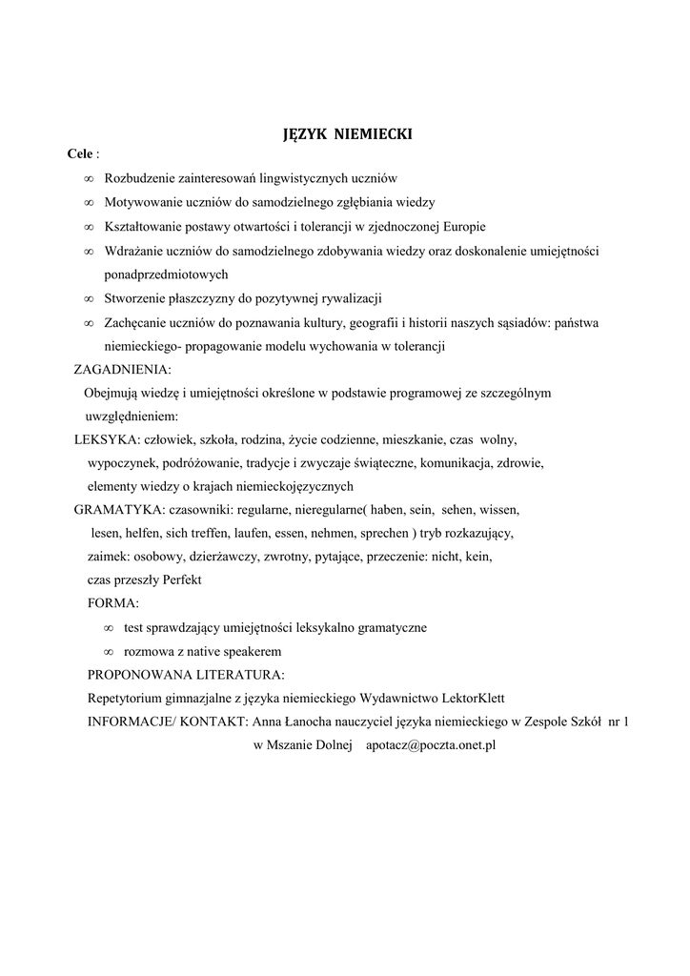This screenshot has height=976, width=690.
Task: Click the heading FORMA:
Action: [x=112, y=604]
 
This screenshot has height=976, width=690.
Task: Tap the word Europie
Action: [x=462, y=227]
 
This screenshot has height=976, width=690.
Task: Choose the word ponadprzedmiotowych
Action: [x=168, y=274]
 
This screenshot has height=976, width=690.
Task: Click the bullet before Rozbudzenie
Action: [x=88, y=178]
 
